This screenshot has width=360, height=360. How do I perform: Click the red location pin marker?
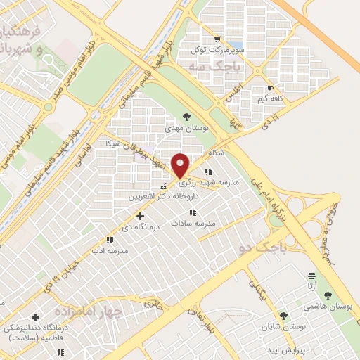coord(180,165)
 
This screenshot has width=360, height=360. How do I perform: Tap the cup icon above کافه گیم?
coord(271,89)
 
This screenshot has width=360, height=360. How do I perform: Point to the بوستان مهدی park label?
coord(185,129)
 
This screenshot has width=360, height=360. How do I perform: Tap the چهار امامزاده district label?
coord(96,310)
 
